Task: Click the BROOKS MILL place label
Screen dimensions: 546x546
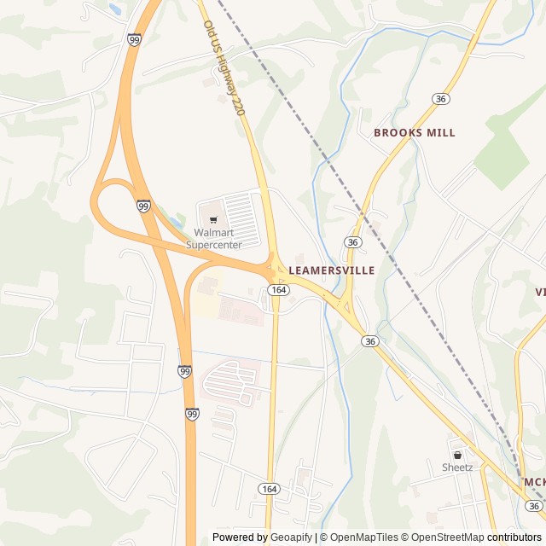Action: (x=415, y=133)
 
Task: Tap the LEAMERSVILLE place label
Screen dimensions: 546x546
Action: (x=332, y=270)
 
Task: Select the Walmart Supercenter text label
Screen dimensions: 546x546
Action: (x=214, y=239)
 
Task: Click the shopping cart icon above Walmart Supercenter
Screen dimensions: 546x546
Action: (x=213, y=219)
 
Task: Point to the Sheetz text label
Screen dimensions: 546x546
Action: (x=457, y=468)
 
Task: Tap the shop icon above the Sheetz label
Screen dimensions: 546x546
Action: (x=457, y=455)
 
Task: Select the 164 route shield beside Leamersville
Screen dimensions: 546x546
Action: (x=277, y=290)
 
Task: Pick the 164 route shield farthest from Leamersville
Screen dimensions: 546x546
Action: (x=270, y=489)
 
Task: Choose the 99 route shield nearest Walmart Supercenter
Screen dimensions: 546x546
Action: (x=143, y=206)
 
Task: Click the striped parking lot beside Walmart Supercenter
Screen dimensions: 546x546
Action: (x=241, y=217)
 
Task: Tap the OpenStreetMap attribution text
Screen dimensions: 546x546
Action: (x=444, y=537)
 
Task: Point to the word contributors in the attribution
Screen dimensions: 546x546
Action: (x=514, y=537)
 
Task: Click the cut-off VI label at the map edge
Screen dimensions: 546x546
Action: (x=540, y=292)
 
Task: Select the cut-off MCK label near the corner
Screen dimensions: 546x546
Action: (x=534, y=483)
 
